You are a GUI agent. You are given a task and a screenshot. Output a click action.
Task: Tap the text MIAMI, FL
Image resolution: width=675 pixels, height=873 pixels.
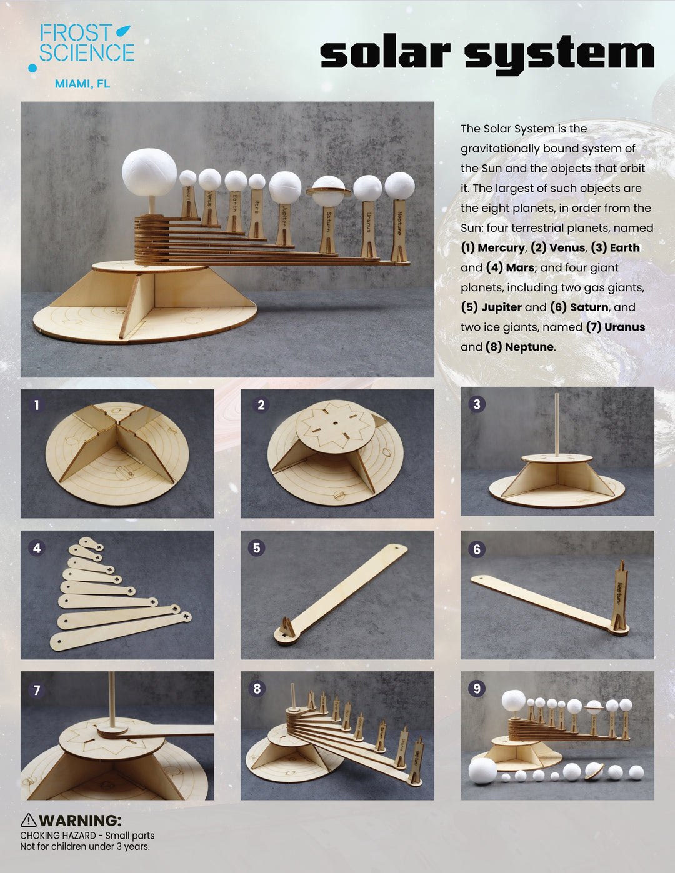82,84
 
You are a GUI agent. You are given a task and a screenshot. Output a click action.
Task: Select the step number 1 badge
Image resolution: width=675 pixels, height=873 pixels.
36,405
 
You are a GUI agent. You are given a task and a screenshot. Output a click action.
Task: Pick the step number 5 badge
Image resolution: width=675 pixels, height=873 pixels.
256,548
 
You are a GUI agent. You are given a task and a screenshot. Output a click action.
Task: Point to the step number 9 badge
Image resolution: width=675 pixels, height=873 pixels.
477,688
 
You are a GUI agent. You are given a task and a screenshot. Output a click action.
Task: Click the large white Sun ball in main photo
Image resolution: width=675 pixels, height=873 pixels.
149,172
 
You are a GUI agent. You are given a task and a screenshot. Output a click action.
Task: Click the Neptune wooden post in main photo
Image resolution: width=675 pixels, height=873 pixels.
399,230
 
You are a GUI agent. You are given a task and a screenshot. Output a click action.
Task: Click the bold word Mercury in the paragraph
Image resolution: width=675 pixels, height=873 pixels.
502,247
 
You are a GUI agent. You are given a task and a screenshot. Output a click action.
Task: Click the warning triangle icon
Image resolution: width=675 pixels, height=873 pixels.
28,820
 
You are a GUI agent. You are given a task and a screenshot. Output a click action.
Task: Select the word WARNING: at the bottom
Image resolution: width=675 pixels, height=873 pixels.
80,820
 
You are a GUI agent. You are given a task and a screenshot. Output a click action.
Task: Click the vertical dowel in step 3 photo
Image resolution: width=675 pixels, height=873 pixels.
556,425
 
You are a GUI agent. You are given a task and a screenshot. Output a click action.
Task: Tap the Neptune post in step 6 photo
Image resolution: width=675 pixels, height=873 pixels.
620,597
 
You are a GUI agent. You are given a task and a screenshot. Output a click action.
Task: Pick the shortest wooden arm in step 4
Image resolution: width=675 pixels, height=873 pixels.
92,544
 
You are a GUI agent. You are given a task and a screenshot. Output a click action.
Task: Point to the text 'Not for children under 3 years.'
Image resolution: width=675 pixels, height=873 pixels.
85,847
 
